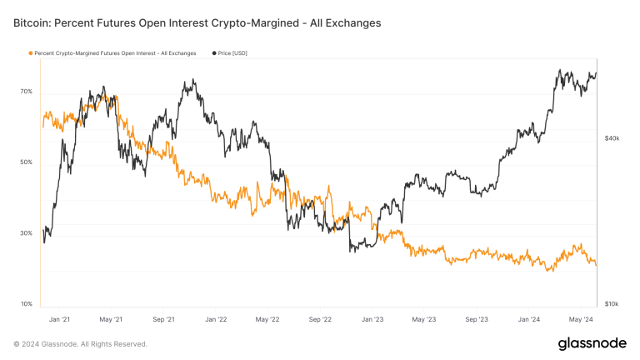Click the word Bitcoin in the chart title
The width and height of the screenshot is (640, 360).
[x=34, y=23]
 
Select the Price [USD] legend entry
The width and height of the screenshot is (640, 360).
[x=230, y=53]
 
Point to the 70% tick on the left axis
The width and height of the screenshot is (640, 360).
[x=26, y=92]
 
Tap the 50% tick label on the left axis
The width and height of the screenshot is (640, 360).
[x=26, y=162]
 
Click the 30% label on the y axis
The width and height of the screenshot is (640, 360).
[x=26, y=233]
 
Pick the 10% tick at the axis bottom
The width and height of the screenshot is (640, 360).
[x=26, y=304]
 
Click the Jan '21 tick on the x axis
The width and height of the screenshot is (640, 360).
[x=59, y=319]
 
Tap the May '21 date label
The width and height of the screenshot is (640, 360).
[x=111, y=319]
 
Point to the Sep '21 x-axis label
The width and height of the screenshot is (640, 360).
[x=163, y=319]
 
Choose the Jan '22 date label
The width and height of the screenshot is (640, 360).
[x=216, y=319]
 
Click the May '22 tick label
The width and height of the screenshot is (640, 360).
[x=267, y=319]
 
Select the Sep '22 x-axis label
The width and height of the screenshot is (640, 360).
[x=320, y=319]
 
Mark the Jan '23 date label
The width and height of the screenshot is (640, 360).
[x=372, y=319]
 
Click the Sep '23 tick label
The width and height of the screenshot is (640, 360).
[x=476, y=319]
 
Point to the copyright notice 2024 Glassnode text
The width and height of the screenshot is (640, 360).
[x=80, y=343]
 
